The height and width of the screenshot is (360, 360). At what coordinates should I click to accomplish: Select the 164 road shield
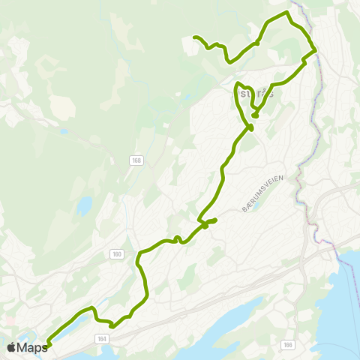102,339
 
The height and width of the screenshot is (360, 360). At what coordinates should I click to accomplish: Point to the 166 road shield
287,344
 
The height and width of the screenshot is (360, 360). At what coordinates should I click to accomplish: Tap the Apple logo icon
12,347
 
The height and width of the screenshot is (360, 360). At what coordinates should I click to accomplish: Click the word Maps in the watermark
32,347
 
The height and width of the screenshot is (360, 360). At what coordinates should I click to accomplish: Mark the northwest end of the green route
195,37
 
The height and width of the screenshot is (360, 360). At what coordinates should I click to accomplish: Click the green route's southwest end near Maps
48,344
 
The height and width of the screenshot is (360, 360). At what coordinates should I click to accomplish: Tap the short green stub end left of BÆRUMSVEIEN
215,220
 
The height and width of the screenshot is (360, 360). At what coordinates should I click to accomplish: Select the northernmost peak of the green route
286,13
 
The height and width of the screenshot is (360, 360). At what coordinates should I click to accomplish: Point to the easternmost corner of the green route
315,50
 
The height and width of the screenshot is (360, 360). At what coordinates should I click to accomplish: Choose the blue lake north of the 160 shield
84,204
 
